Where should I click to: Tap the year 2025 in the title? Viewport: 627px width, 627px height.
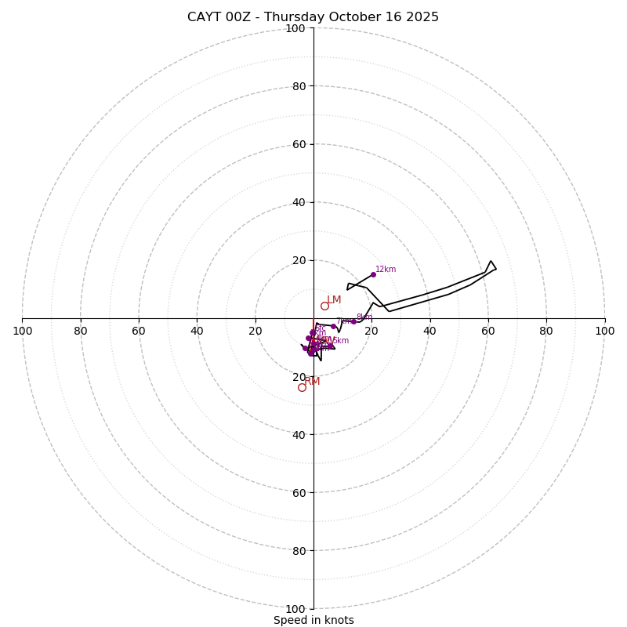click(422, 17)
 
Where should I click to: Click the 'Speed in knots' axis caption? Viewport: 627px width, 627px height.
click(313, 620)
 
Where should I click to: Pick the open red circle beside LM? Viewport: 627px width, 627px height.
click(324, 306)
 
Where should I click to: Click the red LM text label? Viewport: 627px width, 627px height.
click(334, 300)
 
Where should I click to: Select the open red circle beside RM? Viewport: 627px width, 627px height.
click(302, 387)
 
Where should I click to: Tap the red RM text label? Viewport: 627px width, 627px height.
click(313, 382)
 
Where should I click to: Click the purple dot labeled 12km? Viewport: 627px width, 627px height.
click(373, 274)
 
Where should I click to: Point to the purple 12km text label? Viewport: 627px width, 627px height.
click(386, 270)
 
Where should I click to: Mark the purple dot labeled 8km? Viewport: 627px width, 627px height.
click(353, 321)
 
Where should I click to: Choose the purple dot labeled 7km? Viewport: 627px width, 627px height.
click(333, 326)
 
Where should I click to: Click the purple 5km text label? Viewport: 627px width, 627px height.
click(340, 341)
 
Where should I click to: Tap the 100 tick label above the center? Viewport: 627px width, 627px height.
click(295, 28)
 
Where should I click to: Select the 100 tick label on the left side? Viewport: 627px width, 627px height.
click(22, 332)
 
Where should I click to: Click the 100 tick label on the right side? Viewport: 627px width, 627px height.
click(604, 332)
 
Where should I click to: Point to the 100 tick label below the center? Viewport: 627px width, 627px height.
click(295, 609)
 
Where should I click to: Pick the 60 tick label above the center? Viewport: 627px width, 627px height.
click(299, 144)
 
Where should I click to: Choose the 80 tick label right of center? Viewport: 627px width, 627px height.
click(546, 332)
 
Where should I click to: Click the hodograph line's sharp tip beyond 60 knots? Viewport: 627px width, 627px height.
click(491, 261)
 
